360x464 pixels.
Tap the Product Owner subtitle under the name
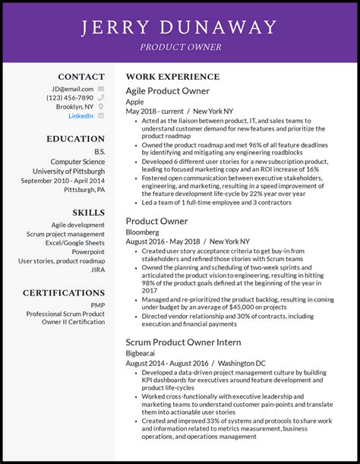[x=180, y=47]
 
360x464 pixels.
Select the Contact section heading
[x=81, y=77]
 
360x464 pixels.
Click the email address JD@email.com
[x=73, y=88]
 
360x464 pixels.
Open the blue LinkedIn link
[x=81, y=116]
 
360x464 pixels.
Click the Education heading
[x=75, y=139]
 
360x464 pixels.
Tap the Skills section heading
[x=88, y=213]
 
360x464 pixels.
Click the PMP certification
[x=97, y=305]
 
